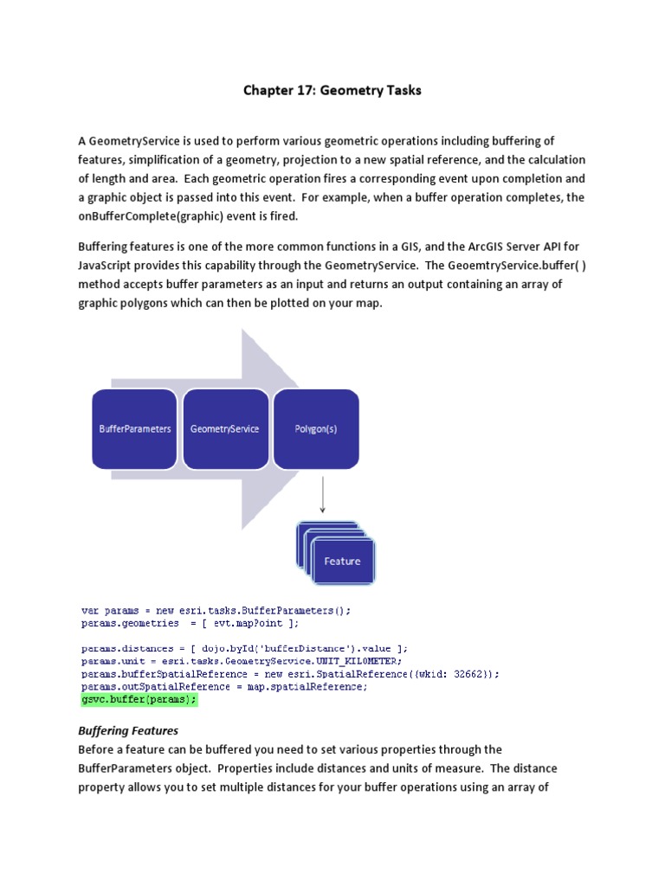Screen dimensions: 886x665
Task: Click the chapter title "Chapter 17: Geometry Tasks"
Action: [332, 90]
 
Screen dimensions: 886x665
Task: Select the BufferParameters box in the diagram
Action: [134, 428]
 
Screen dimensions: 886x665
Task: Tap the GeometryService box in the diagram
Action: [224, 428]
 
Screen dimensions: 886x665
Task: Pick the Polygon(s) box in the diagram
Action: [315, 428]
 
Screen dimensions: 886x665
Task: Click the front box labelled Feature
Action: [343, 562]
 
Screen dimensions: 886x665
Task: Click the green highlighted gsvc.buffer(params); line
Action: [139, 699]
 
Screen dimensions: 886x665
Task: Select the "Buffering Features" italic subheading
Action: [128, 731]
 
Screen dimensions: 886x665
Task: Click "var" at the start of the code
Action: [90, 610]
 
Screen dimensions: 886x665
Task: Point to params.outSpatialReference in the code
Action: [148, 686]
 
